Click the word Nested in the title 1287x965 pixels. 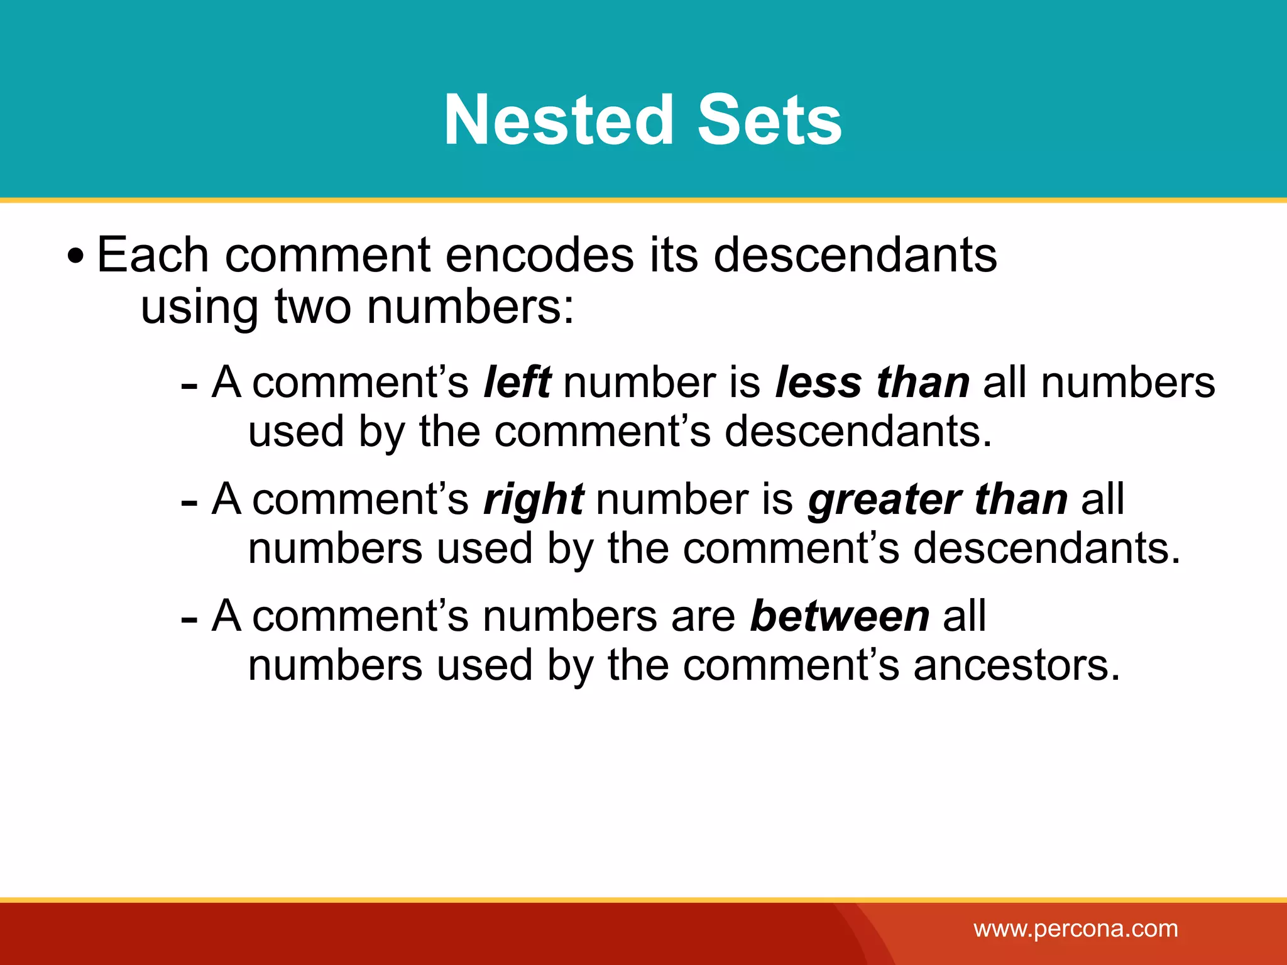(559, 120)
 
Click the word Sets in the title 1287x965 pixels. (770, 120)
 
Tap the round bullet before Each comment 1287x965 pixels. (75, 256)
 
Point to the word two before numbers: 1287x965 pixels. (313, 307)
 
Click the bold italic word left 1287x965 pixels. (517, 382)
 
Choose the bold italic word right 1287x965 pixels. (534, 499)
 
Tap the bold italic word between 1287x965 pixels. (840, 616)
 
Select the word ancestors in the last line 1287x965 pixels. (1016, 665)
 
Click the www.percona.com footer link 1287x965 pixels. (1076, 929)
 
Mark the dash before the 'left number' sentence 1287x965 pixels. (189, 385)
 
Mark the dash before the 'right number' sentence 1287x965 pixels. (189, 503)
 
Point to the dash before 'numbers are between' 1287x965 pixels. (189, 619)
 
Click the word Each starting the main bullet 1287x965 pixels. (153, 255)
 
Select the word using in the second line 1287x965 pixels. (200, 308)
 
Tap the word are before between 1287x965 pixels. (703, 616)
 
